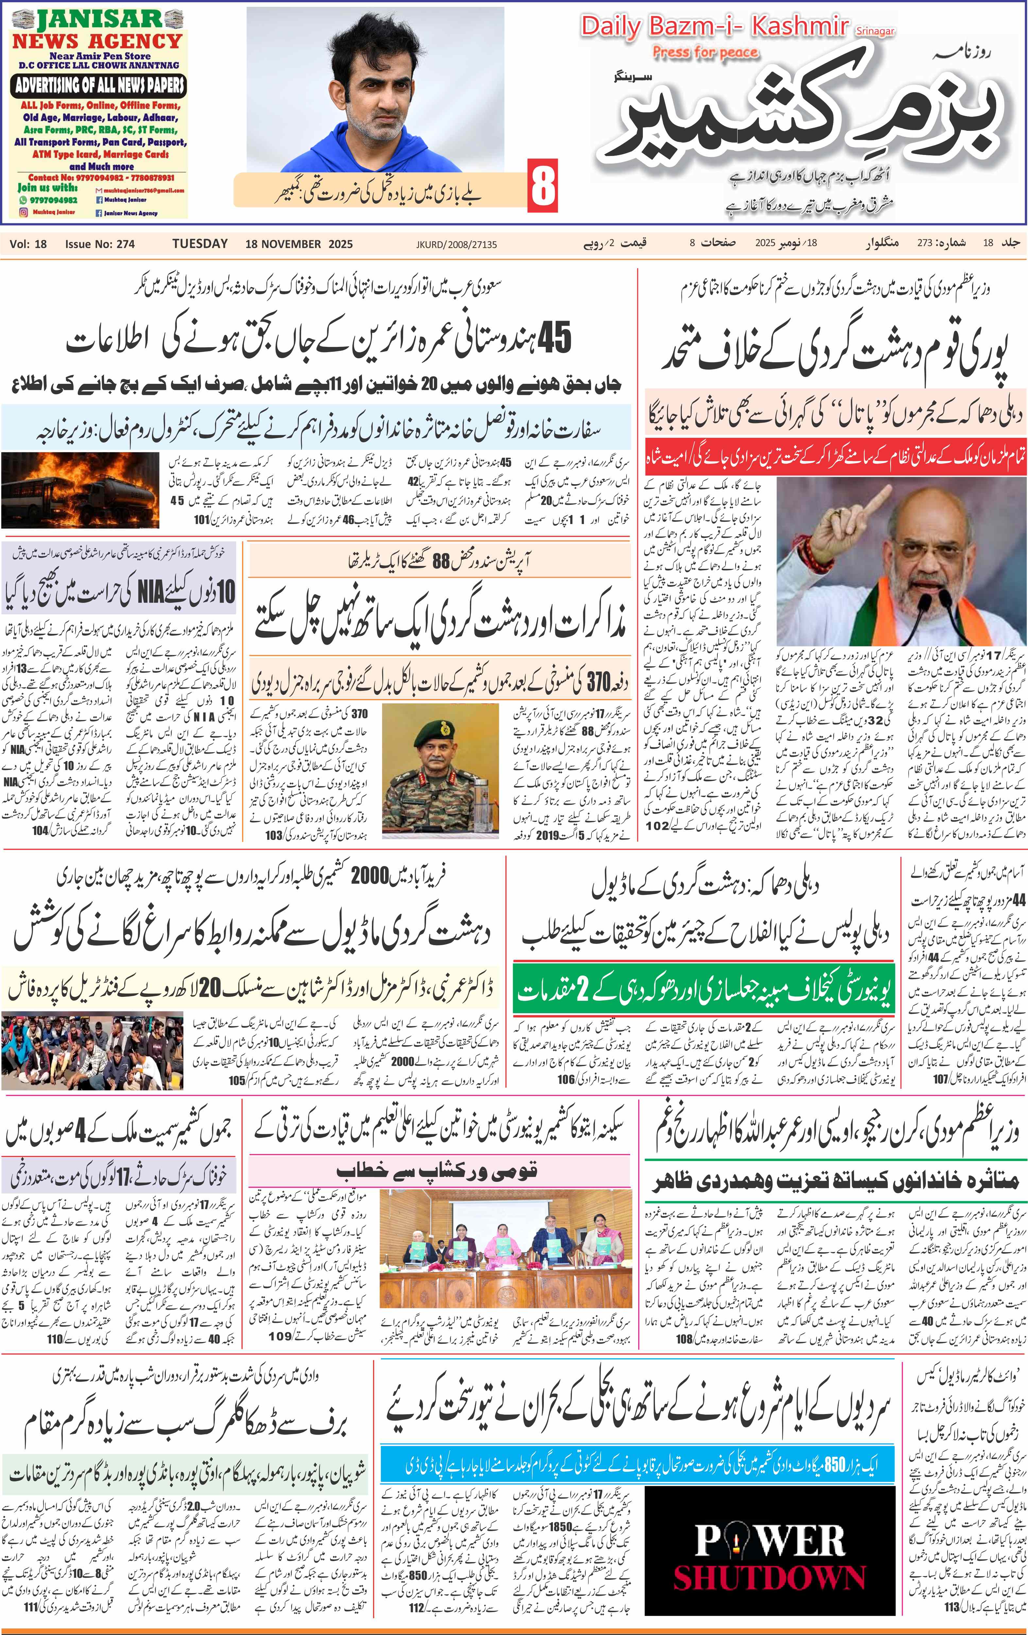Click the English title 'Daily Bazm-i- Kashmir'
tap(714, 27)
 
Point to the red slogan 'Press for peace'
tap(705, 52)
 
